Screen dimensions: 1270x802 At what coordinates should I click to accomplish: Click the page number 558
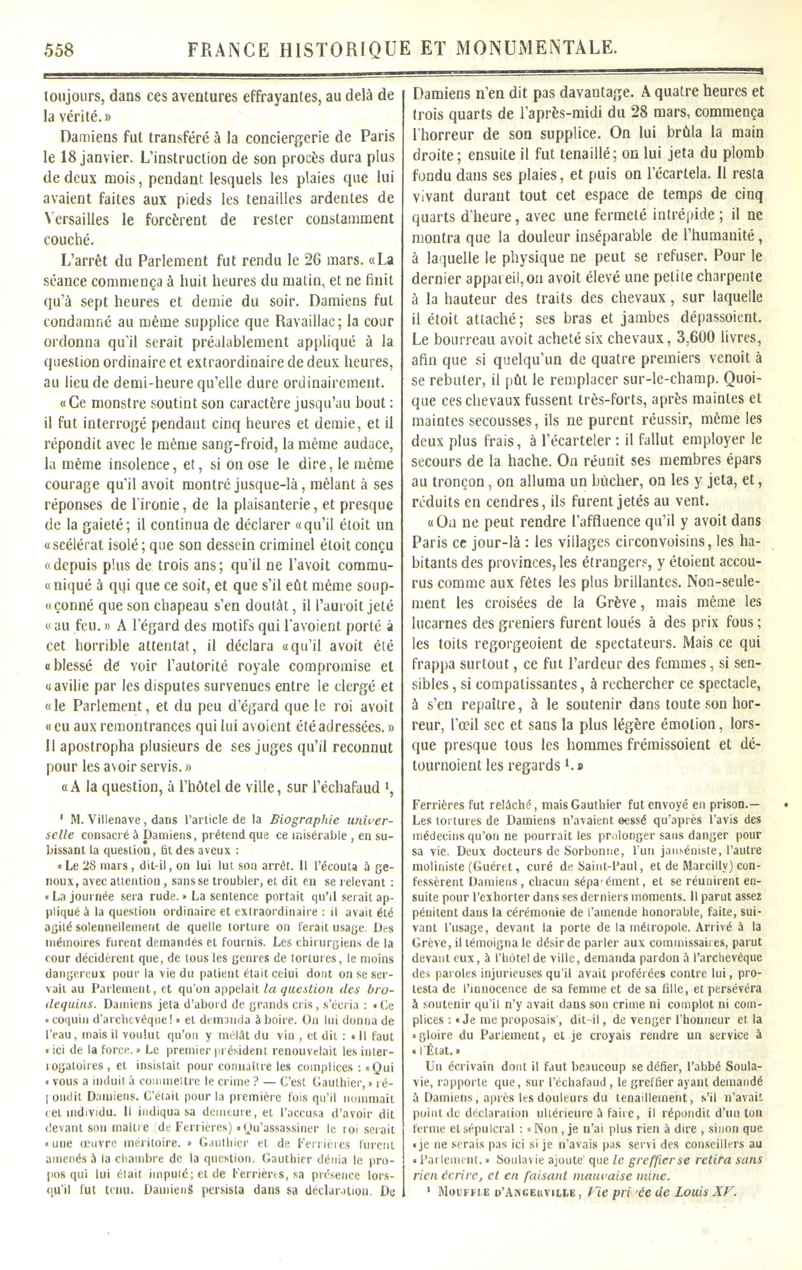point(59,50)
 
